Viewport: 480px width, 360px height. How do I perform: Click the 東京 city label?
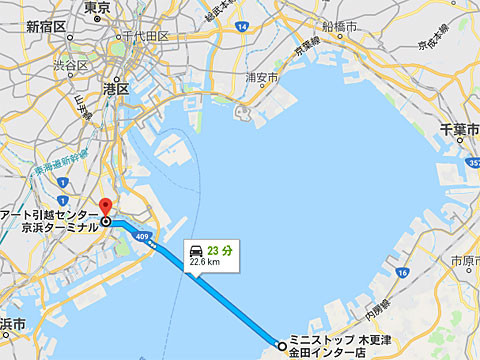[98, 8]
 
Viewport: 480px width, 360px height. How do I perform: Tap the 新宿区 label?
[45, 26]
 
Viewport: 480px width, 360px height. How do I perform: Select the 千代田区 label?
[141, 36]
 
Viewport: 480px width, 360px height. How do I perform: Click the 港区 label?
[116, 88]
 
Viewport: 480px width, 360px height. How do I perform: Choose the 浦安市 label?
[261, 76]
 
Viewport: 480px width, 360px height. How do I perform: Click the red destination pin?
[106, 205]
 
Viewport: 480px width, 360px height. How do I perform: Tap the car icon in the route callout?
[197, 249]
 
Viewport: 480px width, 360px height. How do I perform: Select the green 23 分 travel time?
[222, 249]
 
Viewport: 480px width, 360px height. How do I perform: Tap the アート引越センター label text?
[49, 213]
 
